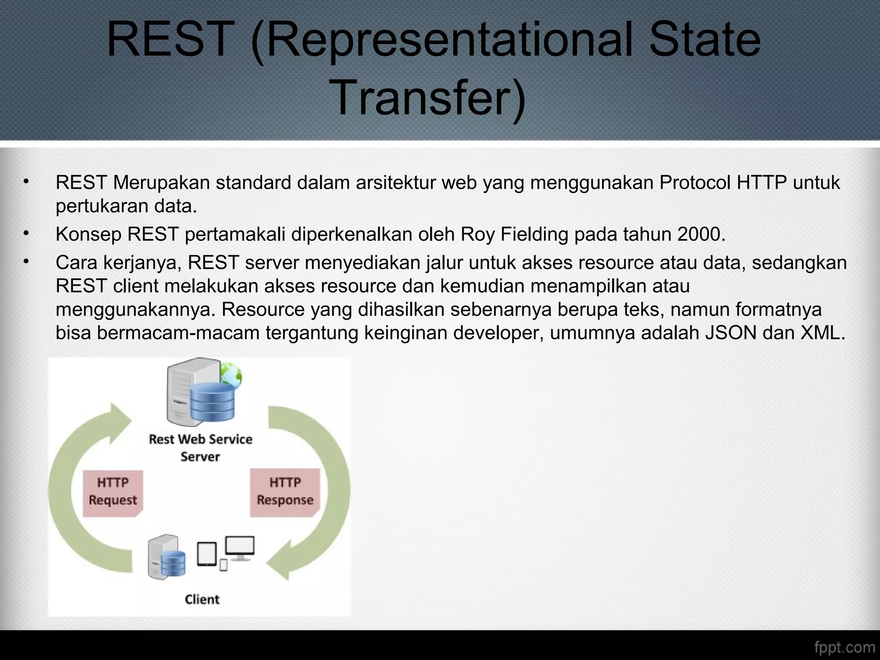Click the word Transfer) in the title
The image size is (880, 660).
click(x=429, y=98)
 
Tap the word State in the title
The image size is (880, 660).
click(x=705, y=40)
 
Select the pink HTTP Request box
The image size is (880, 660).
click(x=113, y=492)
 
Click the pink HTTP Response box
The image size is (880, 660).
click(x=285, y=492)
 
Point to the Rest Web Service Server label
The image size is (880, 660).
click(x=200, y=448)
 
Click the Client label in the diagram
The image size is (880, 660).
click(x=202, y=599)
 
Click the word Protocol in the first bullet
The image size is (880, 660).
click(x=695, y=183)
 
